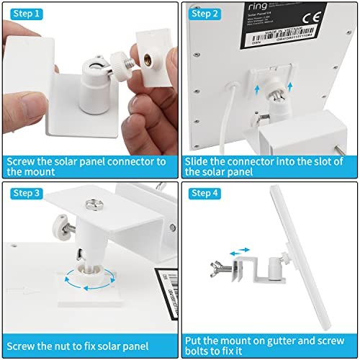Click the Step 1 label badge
[26, 13]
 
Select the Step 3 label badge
[26, 192]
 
